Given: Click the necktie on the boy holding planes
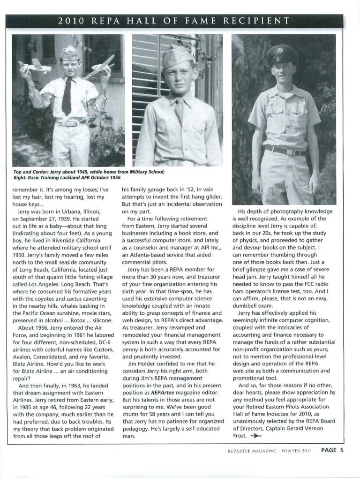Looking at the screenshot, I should (x=67, y=97).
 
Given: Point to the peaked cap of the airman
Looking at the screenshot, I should (x=282, y=54).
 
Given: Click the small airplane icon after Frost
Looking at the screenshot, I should (x=256, y=435).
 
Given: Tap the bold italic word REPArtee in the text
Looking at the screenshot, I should (x=163, y=372).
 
